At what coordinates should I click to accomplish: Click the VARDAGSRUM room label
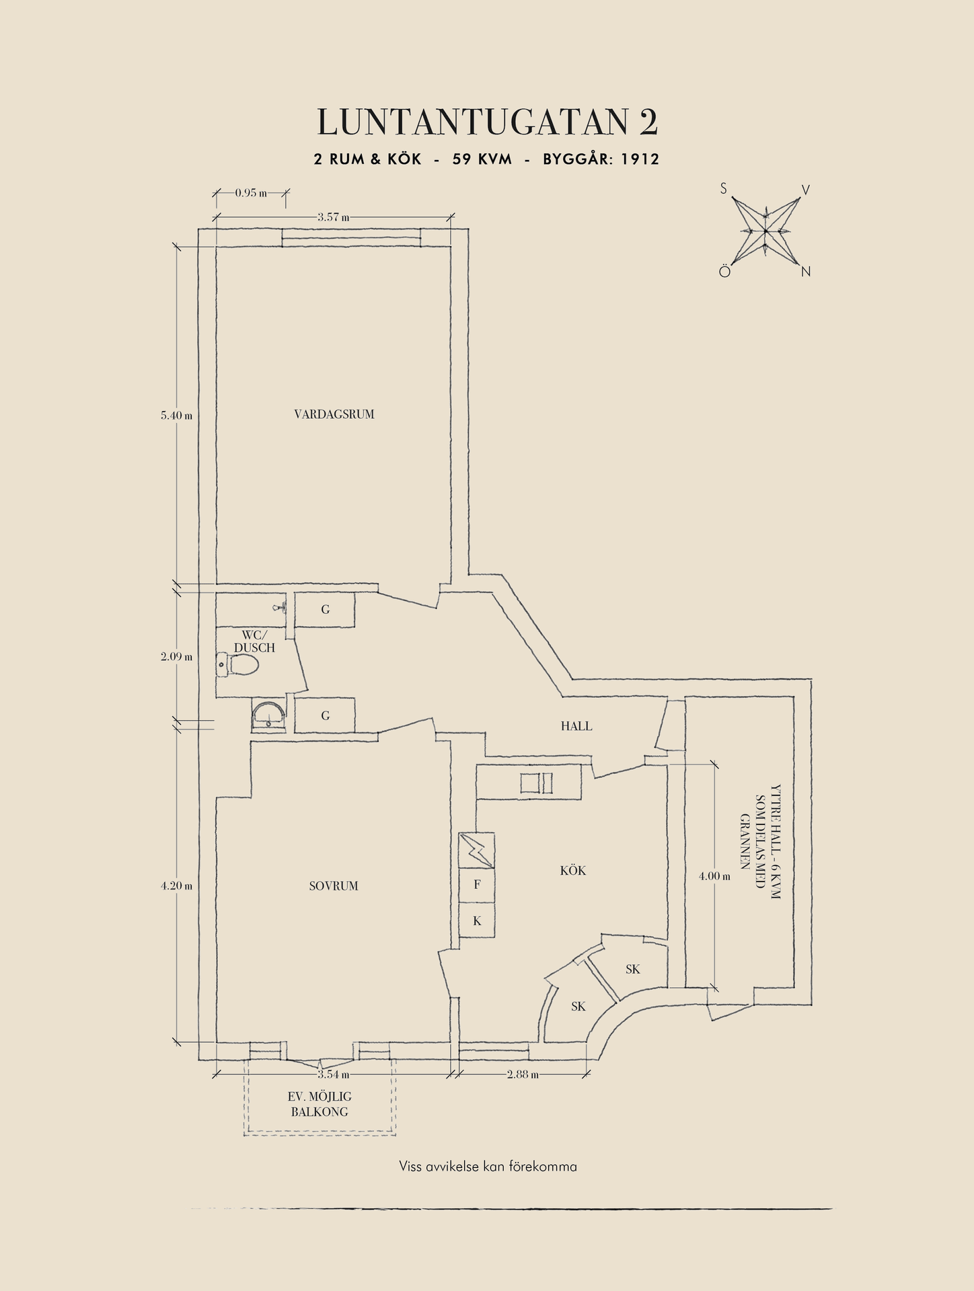[334, 414]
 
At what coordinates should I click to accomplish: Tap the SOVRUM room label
[334, 886]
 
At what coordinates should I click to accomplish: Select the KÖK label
[573, 870]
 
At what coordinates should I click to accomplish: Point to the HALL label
[576, 726]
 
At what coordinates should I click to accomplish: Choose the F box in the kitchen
[477, 885]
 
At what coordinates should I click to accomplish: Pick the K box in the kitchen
[477, 921]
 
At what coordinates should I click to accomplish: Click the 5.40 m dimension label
[176, 416]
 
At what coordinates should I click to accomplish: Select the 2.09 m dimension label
[176, 657]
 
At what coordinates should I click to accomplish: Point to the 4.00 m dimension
[714, 876]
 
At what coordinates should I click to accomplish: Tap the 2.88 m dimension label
[523, 1074]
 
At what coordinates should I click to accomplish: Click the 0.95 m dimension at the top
[251, 193]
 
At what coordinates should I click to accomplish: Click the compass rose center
[765, 231]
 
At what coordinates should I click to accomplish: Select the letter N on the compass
[806, 272]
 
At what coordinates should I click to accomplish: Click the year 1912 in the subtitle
[640, 159]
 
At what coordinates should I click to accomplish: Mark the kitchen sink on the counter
[537, 783]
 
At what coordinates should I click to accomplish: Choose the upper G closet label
[326, 610]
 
